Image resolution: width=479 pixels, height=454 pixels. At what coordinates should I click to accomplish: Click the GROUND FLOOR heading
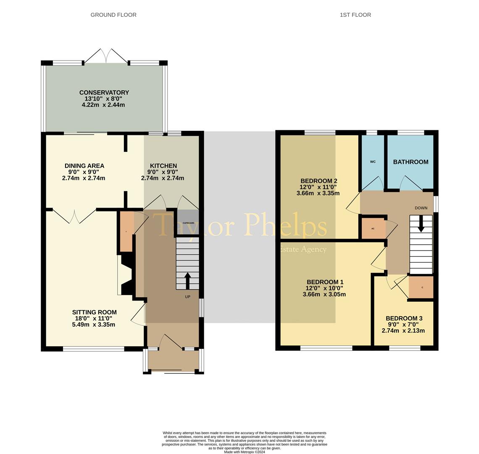click(113, 15)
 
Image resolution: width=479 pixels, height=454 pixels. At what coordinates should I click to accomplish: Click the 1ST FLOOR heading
click(355, 15)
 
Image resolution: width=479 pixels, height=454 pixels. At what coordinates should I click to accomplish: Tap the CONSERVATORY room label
click(104, 92)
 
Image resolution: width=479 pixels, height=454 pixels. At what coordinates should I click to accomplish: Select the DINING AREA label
click(84, 166)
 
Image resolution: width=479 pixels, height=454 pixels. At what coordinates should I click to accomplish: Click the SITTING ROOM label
click(94, 312)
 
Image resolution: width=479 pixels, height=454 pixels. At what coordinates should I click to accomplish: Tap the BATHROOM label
click(411, 162)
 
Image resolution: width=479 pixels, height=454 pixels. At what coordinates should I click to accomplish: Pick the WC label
click(373, 162)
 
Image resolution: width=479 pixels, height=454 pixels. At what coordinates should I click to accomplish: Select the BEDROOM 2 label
click(318, 181)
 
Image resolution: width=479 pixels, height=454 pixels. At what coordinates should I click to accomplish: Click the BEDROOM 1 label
click(325, 282)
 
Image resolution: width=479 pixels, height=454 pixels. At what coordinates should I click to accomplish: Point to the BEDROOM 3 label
click(404, 318)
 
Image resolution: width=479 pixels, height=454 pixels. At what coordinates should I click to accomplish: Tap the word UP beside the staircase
click(187, 297)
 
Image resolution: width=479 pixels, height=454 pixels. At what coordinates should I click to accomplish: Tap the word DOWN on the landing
click(421, 208)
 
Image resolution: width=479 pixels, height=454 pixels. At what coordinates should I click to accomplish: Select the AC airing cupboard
click(373, 229)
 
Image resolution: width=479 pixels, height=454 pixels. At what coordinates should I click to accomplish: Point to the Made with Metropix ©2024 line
click(244, 452)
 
